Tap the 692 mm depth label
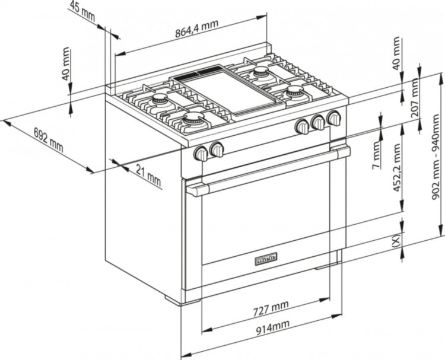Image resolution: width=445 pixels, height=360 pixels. (x=48, y=139)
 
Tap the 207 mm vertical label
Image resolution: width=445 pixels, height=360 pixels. (x=416, y=98)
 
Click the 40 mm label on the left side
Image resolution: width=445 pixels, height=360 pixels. (x=66, y=65)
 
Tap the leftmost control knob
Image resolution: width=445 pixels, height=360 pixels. (x=201, y=154)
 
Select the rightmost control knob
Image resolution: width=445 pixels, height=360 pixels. (x=334, y=117)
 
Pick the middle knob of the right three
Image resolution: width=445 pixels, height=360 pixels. (x=319, y=122)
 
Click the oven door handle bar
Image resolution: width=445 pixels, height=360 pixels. (x=267, y=171)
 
